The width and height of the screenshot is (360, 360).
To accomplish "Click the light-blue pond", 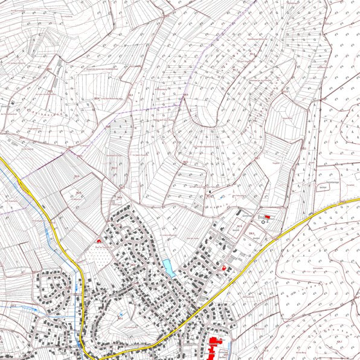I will click(169, 268).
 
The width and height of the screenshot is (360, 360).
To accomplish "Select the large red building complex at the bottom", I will click(213, 349).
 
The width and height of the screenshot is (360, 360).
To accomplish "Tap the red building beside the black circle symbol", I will click(267, 217).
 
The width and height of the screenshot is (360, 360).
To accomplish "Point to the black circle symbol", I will click(263, 222).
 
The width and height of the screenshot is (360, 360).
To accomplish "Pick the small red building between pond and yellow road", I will click(225, 266).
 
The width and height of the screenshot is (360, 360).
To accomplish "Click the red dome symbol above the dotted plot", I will click(99, 240).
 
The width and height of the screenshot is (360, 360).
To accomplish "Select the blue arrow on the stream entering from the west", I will click(33, 309).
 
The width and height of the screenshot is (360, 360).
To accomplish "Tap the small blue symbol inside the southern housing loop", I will click(120, 315).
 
